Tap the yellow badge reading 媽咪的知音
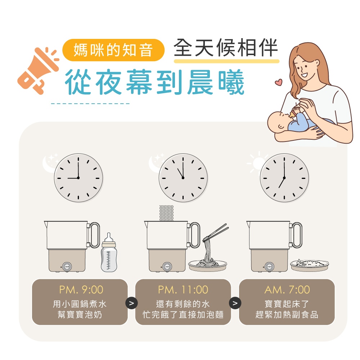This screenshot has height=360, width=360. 113,50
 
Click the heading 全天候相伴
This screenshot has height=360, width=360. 226,48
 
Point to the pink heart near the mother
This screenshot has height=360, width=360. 279,82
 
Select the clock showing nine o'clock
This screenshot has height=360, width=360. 78,178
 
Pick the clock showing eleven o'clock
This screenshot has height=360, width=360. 183,178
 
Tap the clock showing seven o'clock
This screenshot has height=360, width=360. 284,178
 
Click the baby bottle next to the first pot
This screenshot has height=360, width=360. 109,252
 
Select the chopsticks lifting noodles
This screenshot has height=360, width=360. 216,233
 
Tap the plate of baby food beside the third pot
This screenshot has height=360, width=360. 309,265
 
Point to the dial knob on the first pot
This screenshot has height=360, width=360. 67,267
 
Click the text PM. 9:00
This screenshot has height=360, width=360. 81,290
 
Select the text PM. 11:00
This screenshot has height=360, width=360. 183,290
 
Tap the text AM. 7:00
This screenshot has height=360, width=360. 287,290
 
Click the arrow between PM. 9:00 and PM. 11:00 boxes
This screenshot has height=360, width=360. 131,303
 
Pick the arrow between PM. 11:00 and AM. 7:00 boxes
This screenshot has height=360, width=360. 235,303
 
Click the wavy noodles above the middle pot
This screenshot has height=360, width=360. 166,213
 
